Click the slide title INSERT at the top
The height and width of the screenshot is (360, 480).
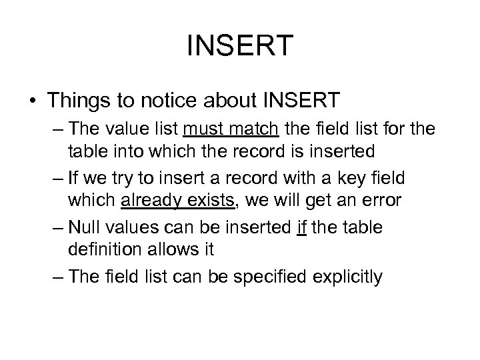tap(240, 47)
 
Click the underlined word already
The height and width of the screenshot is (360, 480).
tap(153, 200)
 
